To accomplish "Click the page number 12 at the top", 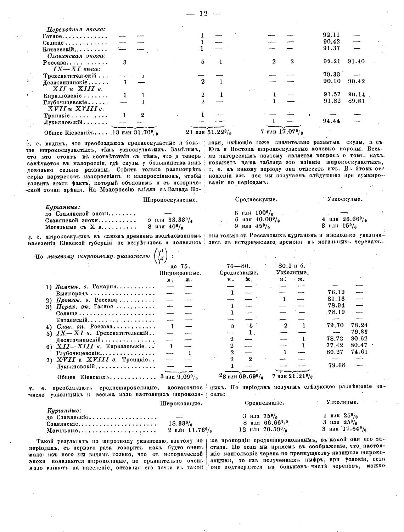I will [203, 13].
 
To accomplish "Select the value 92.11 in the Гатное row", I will [331, 35].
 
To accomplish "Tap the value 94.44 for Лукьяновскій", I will [331, 121].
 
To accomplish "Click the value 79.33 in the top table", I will [331, 74].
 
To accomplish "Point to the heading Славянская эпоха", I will [77, 55].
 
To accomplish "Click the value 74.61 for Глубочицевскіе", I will [359, 352].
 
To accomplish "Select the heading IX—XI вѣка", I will [77, 69].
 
